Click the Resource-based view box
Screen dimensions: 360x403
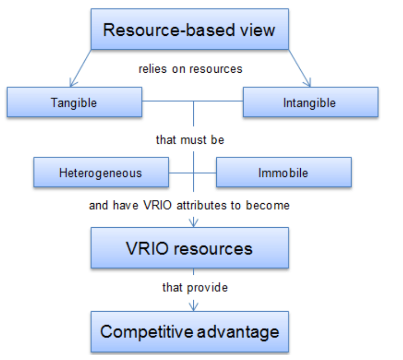pos(189,29)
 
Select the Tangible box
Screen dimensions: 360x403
pos(74,103)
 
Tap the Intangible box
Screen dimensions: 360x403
pos(310,103)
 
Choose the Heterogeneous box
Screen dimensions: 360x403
pos(101,173)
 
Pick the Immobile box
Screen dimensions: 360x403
pos(283,173)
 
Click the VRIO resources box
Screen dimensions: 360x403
pos(189,248)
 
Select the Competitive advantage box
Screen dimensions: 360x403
pos(189,332)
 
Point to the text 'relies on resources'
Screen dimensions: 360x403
pos(190,69)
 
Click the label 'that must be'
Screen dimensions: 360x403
pos(190,140)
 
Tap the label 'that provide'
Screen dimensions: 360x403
pos(195,287)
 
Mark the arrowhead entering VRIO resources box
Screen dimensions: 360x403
pos(193,223)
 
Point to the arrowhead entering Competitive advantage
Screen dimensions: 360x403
pos(193,306)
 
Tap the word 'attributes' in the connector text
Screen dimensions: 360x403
pos(196,205)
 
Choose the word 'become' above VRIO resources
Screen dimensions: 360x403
pos(268,205)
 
